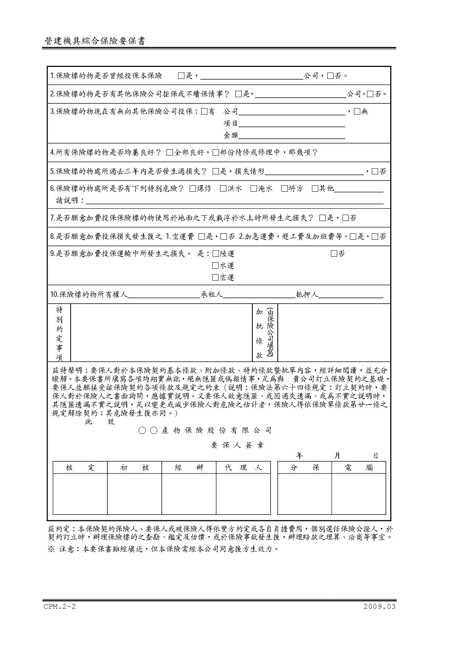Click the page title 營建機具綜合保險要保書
[94, 41]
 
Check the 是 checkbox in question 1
[181, 76]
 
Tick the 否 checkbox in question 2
[370, 94]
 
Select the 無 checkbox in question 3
[357, 111]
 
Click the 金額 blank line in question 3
[291, 135]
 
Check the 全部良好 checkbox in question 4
[170, 153]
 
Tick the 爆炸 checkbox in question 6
[192, 189]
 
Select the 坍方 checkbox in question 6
[284, 189]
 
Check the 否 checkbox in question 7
[345, 218]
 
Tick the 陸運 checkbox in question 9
[216, 254]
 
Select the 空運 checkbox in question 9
[216, 278]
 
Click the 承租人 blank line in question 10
[259, 295]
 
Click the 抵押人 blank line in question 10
[351, 295]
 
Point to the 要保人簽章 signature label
[237, 445]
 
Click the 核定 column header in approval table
[80, 468]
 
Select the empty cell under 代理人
[243, 494]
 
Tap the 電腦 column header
[358, 468]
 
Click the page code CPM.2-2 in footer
[59, 607]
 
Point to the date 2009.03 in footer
[380, 607]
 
